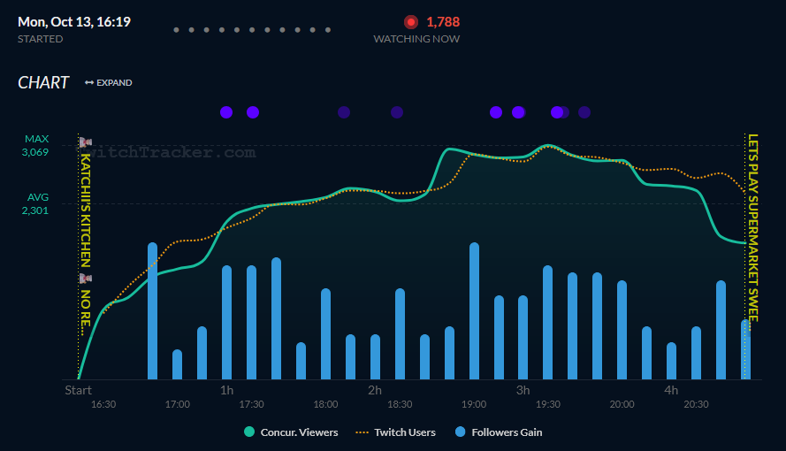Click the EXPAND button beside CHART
(109, 83)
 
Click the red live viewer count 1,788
(443, 22)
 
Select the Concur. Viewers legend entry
(291, 432)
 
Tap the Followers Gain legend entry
(499, 432)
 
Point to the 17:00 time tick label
(177, 405)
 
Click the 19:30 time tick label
(547, 405)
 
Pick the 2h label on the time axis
(375, 390)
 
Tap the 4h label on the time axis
(671, 390)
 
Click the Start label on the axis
(78, 390)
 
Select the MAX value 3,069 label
(36, 152)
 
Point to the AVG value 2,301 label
(36, 210)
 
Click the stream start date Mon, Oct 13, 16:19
(74, 21)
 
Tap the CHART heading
(43, 82)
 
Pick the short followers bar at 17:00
(177, 364)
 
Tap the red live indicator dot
(411, 22)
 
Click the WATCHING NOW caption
(416, 39)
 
